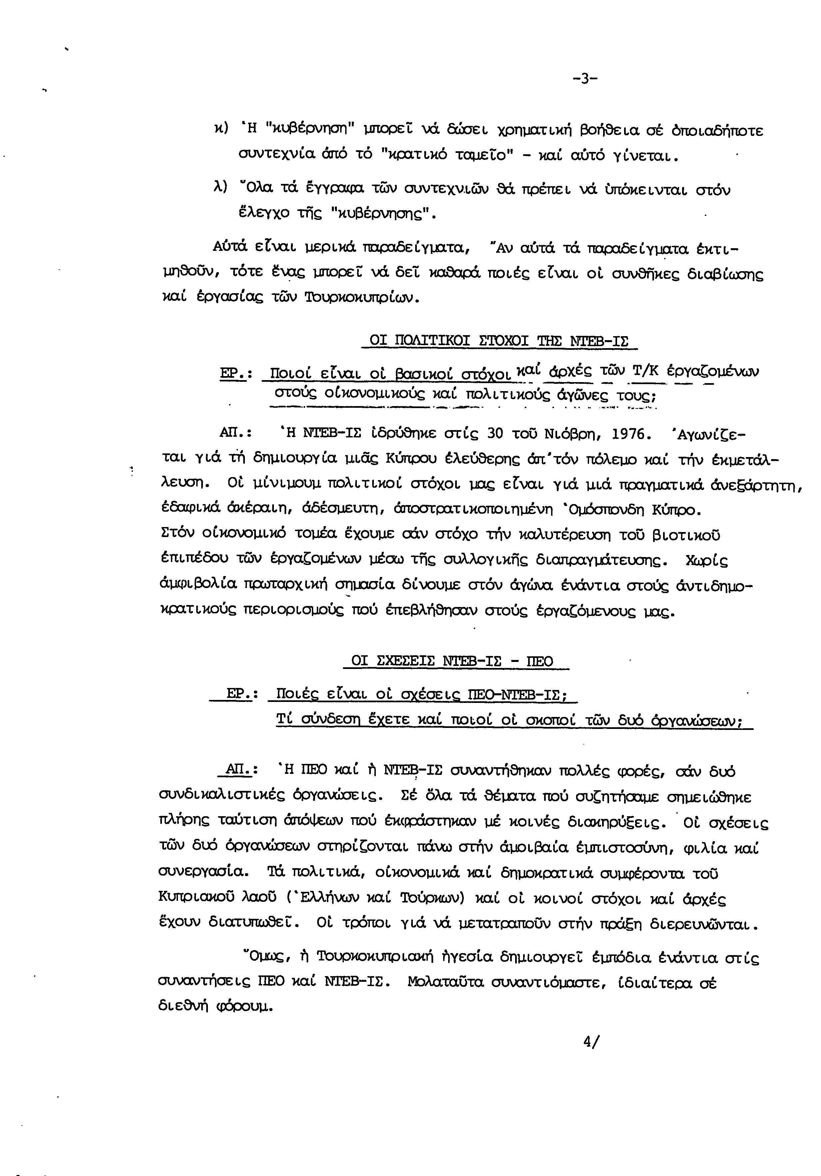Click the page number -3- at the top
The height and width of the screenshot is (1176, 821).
point(584,79)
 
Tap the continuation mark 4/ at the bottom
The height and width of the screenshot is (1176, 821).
point(591,1042)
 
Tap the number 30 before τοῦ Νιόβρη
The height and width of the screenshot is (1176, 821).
point(496,434)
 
